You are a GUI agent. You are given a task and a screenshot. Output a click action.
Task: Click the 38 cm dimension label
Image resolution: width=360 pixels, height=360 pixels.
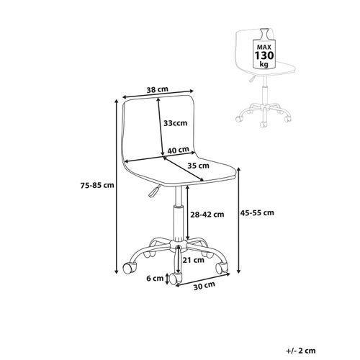[x=157, y=89]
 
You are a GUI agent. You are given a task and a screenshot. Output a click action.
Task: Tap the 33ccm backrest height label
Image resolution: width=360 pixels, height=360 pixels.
[x=175, y=123]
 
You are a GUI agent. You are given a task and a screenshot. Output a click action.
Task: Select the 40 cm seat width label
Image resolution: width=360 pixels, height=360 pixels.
[x=178, y=150]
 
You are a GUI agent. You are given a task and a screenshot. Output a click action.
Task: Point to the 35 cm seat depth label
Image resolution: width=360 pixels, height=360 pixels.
[x=198, y=166]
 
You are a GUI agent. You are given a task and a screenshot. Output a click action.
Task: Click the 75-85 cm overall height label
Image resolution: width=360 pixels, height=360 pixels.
[x=97, y=185]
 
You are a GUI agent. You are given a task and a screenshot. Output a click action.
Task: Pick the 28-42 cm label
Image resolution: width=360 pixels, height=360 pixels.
[x=207, y=215]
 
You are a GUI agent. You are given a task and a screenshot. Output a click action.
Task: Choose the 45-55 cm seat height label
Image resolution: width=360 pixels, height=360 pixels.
[x=257, y=212]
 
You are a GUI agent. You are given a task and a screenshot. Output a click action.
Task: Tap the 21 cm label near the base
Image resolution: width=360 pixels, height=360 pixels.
[x=194, y=260]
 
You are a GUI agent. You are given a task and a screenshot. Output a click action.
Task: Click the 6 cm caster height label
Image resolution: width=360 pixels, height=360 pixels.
[x=155, y=279]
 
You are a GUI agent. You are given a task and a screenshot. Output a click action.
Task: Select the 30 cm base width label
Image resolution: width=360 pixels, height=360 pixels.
[x=204, y=285]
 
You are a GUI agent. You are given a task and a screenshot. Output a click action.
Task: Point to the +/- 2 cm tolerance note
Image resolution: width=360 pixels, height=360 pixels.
[x=301, y=351]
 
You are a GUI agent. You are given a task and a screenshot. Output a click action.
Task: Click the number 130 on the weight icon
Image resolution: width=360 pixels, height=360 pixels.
[x=264, y=55]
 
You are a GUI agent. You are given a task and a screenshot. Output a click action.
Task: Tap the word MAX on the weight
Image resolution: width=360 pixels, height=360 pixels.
[x=264, y=47]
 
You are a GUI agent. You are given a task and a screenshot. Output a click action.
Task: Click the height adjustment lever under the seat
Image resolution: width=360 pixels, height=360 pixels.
[x=153, y=191]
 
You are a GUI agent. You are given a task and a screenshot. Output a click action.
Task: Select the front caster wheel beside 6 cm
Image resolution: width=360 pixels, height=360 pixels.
[x=175, y=278]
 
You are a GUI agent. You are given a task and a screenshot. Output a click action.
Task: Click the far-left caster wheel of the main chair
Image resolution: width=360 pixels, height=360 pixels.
[x=130, y=268]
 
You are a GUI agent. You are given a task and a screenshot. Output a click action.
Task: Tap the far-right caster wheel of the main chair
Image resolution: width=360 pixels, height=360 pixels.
[x=222, y=268]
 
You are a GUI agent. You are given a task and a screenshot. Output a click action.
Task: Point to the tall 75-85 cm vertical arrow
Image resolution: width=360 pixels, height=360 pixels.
[x=117, y=186]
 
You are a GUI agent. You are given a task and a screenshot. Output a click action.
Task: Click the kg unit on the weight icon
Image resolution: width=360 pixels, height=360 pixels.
[x=264, y=64]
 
